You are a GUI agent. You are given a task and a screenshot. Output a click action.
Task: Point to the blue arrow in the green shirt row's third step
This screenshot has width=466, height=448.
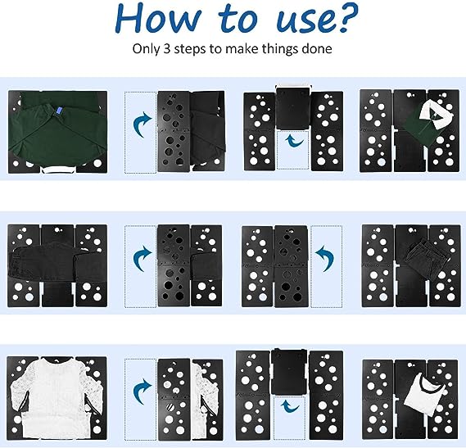[293, 139]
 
